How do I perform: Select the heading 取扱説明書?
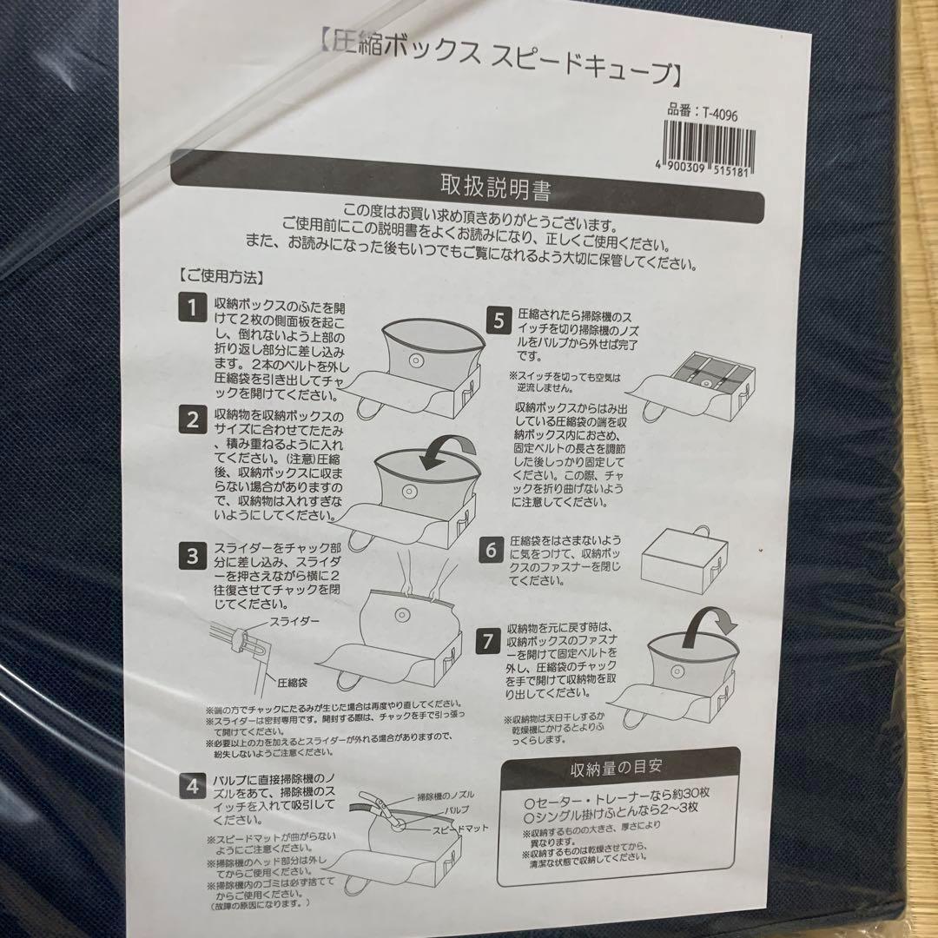click(495, 186)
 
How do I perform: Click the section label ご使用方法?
click(221, 279)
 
